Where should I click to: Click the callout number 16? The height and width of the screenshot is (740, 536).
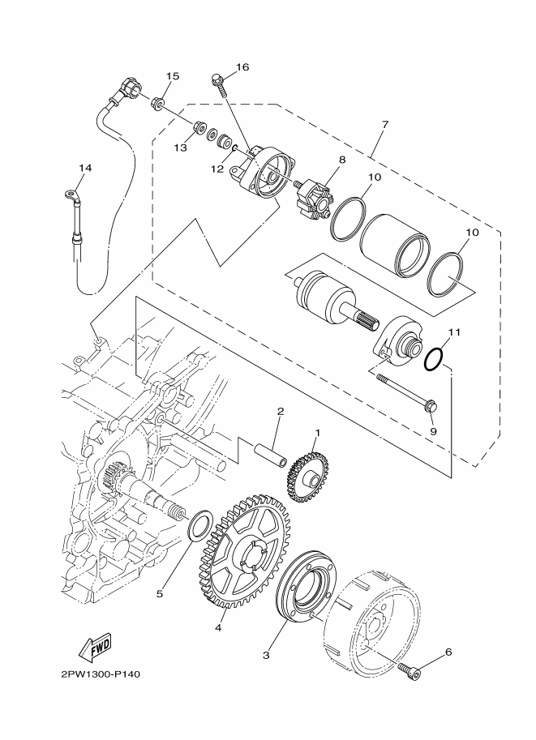point(242,66)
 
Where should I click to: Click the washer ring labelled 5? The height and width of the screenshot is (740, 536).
point(200,526)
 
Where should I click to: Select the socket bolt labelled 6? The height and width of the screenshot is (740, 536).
point(409,668)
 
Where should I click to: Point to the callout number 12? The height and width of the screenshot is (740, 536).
point(216,169)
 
